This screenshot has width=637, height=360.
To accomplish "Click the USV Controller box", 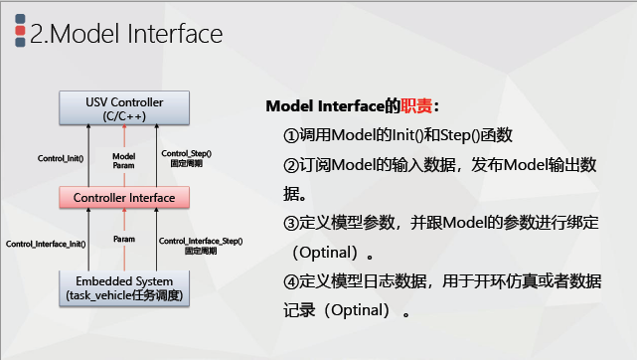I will pyautogui.click(x=124, y=108).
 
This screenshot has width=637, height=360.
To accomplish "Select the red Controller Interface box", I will pyautogui.click(x=124, y=197).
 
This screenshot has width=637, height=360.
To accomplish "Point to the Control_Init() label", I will pyautogui.click(x=61, y=158).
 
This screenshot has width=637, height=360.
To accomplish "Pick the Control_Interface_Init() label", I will pyautogui.click(x=45, y=243).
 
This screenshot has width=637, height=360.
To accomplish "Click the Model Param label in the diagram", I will pyautogui.click(x=124, y=160).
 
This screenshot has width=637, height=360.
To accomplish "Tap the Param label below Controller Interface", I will pyautogui.click(x=124, y=240).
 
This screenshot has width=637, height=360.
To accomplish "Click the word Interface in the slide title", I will pyautogui.click(x=174, y=34).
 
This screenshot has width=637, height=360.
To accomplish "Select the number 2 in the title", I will pyautogui.click(x=37, y=34).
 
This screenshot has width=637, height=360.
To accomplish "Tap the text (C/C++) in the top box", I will pyautogui.click(x=124, y=116).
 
